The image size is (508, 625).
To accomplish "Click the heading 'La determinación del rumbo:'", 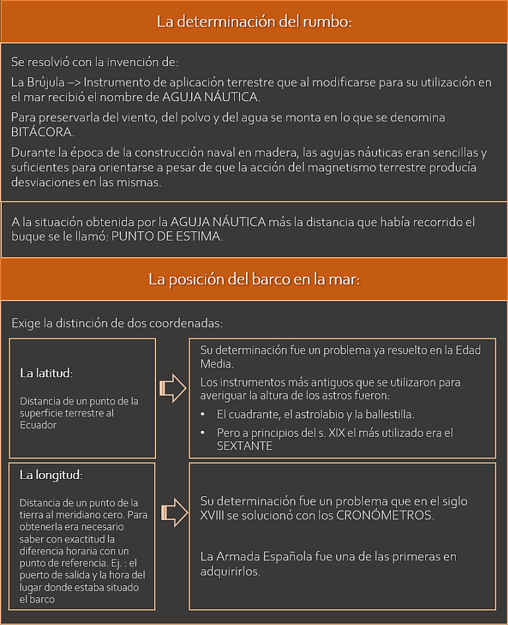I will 254,21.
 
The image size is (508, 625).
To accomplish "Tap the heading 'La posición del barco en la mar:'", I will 254,279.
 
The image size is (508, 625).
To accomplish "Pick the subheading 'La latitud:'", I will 46,373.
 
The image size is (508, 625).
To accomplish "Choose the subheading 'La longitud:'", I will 50,475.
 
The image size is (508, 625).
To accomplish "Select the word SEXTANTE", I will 245,446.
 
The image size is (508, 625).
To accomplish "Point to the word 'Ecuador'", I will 38,425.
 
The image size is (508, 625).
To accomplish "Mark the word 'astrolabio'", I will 309,414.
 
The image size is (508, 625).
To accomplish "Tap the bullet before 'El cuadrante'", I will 203,414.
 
